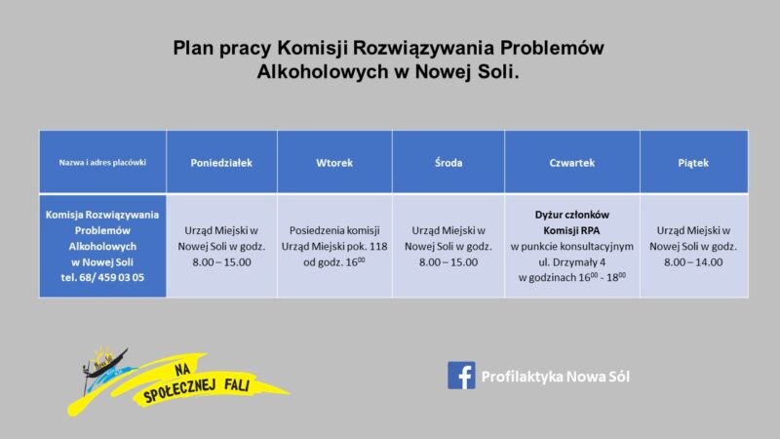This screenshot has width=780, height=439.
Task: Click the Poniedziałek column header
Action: pyautogui.click(x=221, y=163)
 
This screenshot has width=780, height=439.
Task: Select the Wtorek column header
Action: pyautogui.click(x=334, y=163)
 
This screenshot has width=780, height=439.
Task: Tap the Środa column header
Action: pyautogui.click(x=448, y=162)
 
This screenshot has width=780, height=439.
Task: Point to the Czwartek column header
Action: pyautogui.click(x=572, y=163)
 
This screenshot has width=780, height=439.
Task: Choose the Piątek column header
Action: pyautogui.click(x=693, y=163)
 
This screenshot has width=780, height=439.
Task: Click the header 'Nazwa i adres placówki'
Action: pyautogui.click(x=102, y=162)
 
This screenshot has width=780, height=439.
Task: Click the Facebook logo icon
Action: pyautogui.click(x=461, y=376)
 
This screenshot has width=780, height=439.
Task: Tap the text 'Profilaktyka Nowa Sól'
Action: pyautogui.click(x=555, y=377)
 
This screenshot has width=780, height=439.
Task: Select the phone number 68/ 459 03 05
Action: pyautogui.click(x=111, y=277)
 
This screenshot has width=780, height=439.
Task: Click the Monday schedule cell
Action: pyautogui.click(x=222, y=246)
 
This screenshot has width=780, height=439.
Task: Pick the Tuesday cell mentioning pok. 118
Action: pyautogui.click(x=334, y=246)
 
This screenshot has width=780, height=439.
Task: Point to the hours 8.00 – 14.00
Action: pyautogui.click(x=693, y=262)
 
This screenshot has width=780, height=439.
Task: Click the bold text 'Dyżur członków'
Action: pyautogui.click(x=572, y=215)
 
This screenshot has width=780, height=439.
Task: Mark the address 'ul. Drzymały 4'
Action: pyautogui.click(x=572, y=261)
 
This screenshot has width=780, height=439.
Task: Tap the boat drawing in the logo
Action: pyautogui.click(x=103, y=368)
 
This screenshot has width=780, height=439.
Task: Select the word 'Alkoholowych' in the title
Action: pyautogui.click(x=323, y=71)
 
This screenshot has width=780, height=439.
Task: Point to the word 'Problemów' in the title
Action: pyautogui.click(x=552, y=48)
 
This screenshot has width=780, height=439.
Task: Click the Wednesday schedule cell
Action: pyautogui.click(x=448, y=246)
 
